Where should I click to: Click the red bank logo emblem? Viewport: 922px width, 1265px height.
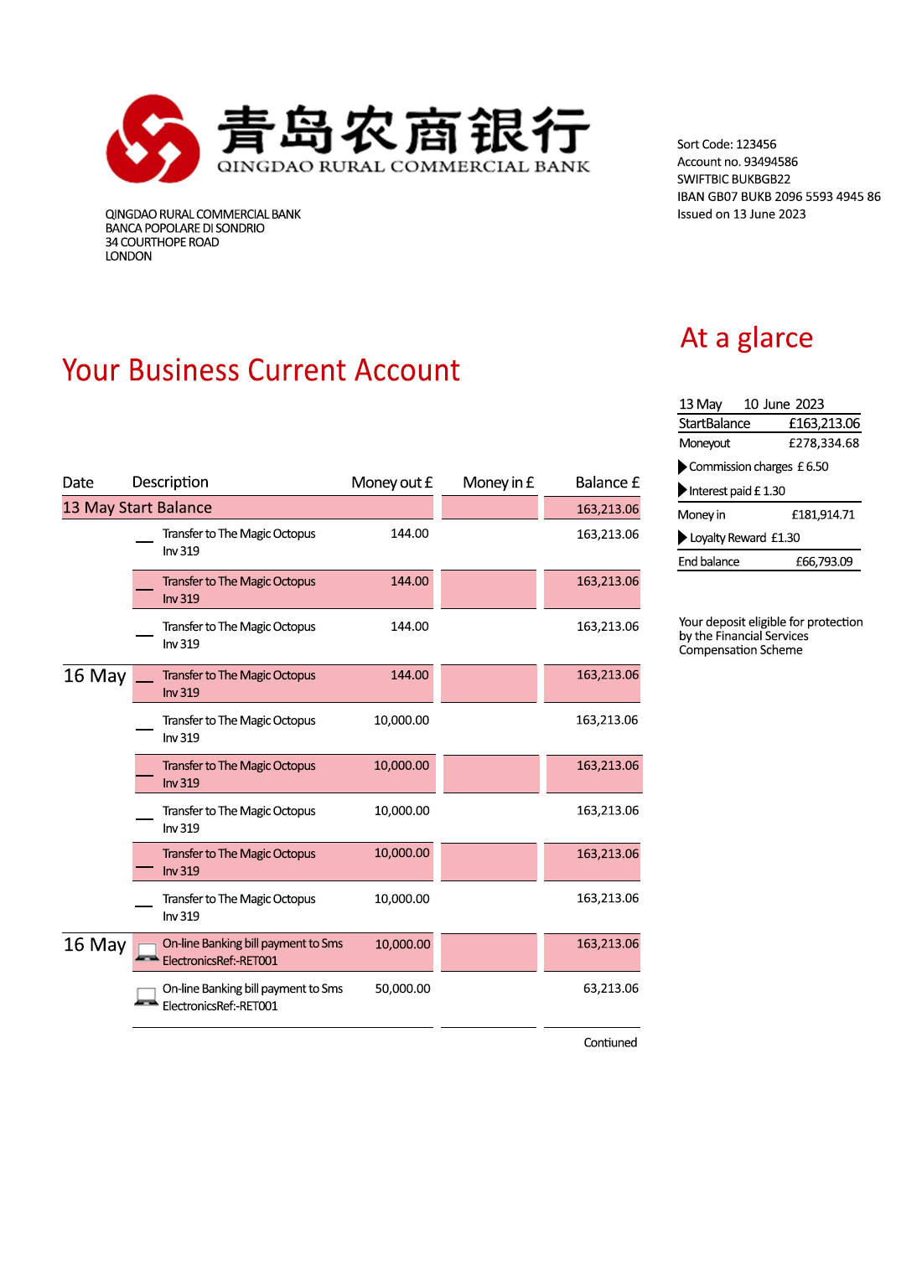coord(153,139)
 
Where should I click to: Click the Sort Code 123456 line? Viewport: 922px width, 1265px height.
coord(727,144)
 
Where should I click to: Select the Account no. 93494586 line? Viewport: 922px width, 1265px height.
coord(738,162)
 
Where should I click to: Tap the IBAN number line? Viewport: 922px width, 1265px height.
coord(779,197)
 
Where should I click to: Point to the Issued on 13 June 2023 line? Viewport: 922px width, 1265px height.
coord(741,214)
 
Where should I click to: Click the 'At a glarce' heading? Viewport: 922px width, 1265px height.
coord(747,338)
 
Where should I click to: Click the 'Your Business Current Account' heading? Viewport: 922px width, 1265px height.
coord(261,370)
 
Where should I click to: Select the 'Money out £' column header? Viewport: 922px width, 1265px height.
coord(391,483)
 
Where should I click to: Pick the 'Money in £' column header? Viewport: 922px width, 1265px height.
coord(498,483)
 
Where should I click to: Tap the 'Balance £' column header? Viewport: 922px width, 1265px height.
coord(607,483)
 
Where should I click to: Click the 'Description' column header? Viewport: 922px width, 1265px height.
coord(170,483)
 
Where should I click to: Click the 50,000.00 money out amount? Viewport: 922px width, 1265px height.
coord(402,989)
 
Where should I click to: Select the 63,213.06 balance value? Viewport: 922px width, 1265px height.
coord(610,989)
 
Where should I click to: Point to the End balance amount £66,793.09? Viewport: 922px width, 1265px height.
coord(824,562)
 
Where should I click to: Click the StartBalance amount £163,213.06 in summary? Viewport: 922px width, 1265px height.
coord(824,424)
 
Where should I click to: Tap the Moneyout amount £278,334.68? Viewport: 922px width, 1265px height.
coord(824,443)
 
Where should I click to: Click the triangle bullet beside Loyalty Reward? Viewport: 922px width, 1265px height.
coord(682,538)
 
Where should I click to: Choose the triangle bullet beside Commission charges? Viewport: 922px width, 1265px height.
coord(682,467)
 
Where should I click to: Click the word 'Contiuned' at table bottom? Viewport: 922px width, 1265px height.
coord(610,1043)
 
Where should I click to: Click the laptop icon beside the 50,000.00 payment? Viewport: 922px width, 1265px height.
coord(147,997)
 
